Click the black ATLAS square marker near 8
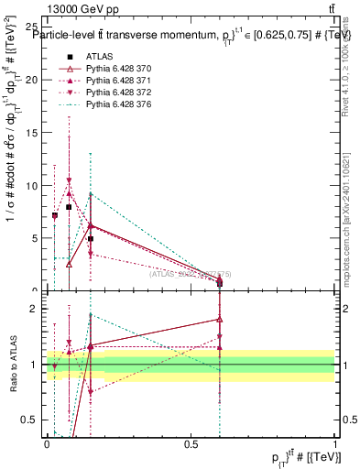point(69,207)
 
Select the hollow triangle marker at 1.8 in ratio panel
point(220,320)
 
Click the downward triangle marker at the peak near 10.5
point(69,180)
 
